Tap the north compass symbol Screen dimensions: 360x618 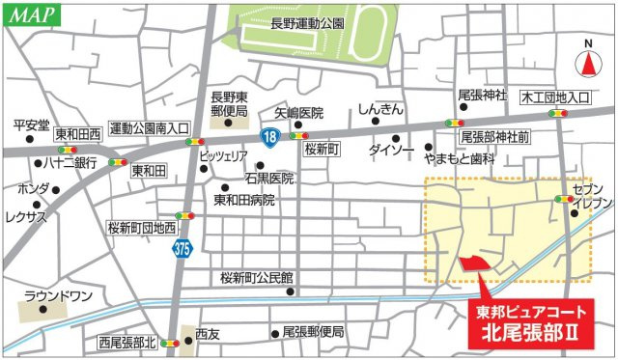point(588,64)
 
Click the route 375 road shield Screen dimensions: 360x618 point(183,249)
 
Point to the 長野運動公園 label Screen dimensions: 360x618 point(306,22)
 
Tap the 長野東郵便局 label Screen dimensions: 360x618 point(230,103)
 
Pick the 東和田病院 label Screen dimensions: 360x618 point(243,200)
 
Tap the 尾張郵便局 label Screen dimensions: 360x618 point(313,331)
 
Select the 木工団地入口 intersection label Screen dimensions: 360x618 point(556,97)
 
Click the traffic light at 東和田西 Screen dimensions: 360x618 point(68,151)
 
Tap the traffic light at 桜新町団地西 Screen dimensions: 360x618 point(183,216)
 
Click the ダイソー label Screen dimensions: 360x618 point(392,150)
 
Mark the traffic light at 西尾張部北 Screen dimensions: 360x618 point(170,342)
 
